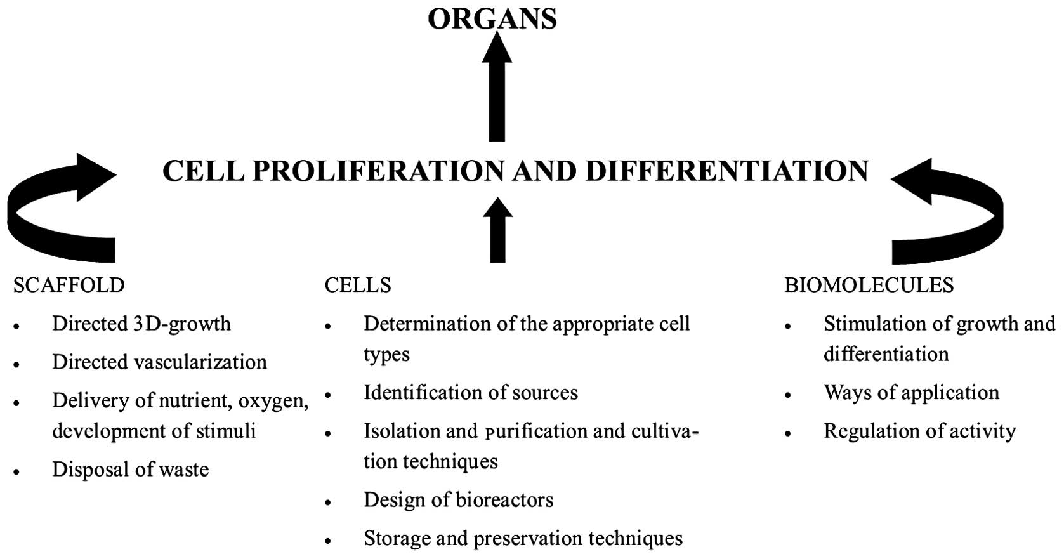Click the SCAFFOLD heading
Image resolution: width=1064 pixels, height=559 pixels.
(x=69, y=285)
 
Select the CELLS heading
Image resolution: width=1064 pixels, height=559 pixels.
(x=358, y=285)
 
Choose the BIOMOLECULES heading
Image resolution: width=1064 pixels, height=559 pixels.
(x=869, y=285)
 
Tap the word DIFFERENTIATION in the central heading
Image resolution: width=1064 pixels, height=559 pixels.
(x=726, y=171)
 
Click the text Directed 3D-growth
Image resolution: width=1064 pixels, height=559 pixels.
(x=141, y=324)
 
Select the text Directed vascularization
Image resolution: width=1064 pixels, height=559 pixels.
(x=159, y=362)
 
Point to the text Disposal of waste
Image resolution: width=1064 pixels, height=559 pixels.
(x=130, y=470)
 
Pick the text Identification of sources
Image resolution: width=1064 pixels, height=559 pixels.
(x=470, y=393)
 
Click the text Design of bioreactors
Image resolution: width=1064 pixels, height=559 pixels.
(x=458, y=500)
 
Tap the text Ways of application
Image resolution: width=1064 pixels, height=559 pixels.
(x=911, y=393)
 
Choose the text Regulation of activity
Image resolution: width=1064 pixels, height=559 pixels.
(x=919, y=431)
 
